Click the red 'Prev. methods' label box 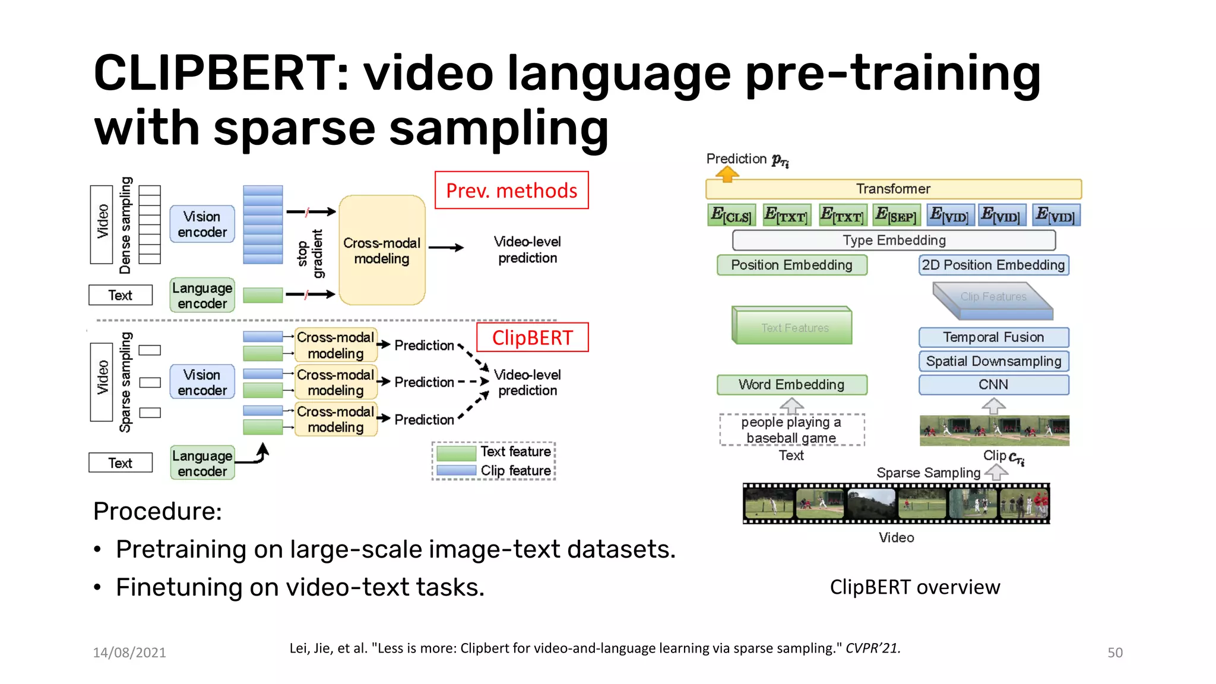click(x=511, y=191)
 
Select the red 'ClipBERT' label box click(x=532, y=337)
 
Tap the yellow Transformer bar click(x=893, y=189)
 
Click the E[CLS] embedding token click(x=731, y=215)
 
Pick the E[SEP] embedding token click(x=896, y=215)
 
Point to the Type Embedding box click(x=894, y=240)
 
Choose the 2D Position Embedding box click(x=993, y=265)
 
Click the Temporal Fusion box click(x=993, y=337)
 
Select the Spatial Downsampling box click(x=993, y=361)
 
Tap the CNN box click(x=993, y=385)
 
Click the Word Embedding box click(x=791, y=385)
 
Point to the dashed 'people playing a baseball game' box click(x=791, y=430)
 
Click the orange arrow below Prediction click(x=727, y=174)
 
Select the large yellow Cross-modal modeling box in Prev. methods click(x=382, y=250)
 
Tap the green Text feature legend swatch click(x=456, y=453)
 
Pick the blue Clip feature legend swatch click(x=456, y=471)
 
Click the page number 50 click(x=1114, y=653)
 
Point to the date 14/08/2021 click(x=129, y=653)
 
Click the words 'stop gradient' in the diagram click(x=310, y=254)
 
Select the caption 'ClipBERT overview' click(x=914, y=587)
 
